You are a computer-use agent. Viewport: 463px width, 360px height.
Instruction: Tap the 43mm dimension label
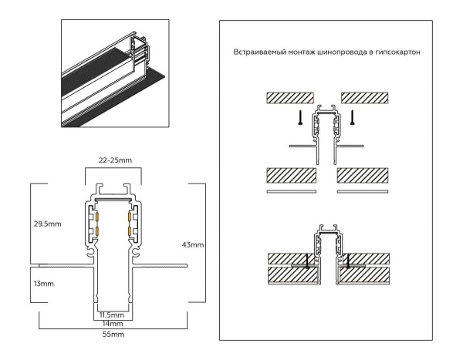[194, 244]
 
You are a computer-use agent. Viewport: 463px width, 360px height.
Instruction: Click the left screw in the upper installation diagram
[297, 118]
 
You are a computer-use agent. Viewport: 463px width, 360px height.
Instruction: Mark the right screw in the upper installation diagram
[353, 118]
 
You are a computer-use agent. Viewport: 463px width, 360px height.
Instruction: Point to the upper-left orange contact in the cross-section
[98, 214]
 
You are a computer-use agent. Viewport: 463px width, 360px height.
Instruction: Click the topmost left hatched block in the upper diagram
[289, 98]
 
